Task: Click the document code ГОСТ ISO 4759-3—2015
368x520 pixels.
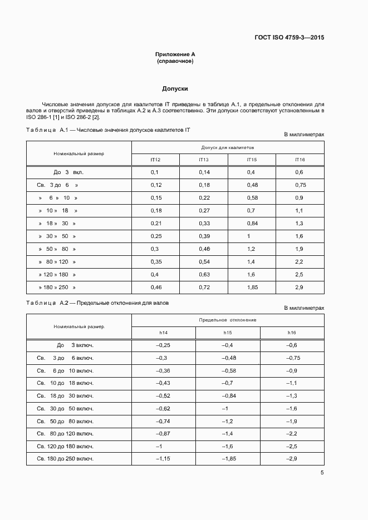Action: (289, 38)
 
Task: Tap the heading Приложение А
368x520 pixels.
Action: (175, 54)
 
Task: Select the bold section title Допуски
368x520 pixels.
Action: (175, 88)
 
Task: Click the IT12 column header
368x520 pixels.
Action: (155, 160)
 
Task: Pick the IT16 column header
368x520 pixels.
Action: (300, 160)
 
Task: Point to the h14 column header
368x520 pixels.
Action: (163, 333)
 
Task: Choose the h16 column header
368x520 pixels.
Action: (292, 333)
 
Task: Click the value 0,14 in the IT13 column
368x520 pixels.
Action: (204, 172)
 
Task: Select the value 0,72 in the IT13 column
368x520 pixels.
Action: (204, 288)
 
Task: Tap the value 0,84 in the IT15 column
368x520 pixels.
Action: (252, 224)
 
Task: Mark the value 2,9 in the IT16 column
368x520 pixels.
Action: (300, 288)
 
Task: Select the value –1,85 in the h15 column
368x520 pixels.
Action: (228, 459)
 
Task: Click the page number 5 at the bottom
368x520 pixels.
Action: (322, 473)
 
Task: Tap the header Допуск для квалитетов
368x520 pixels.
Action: (227, 147)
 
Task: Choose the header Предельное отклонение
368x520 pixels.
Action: (227, 320)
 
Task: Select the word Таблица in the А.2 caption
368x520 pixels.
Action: (41, 303)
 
